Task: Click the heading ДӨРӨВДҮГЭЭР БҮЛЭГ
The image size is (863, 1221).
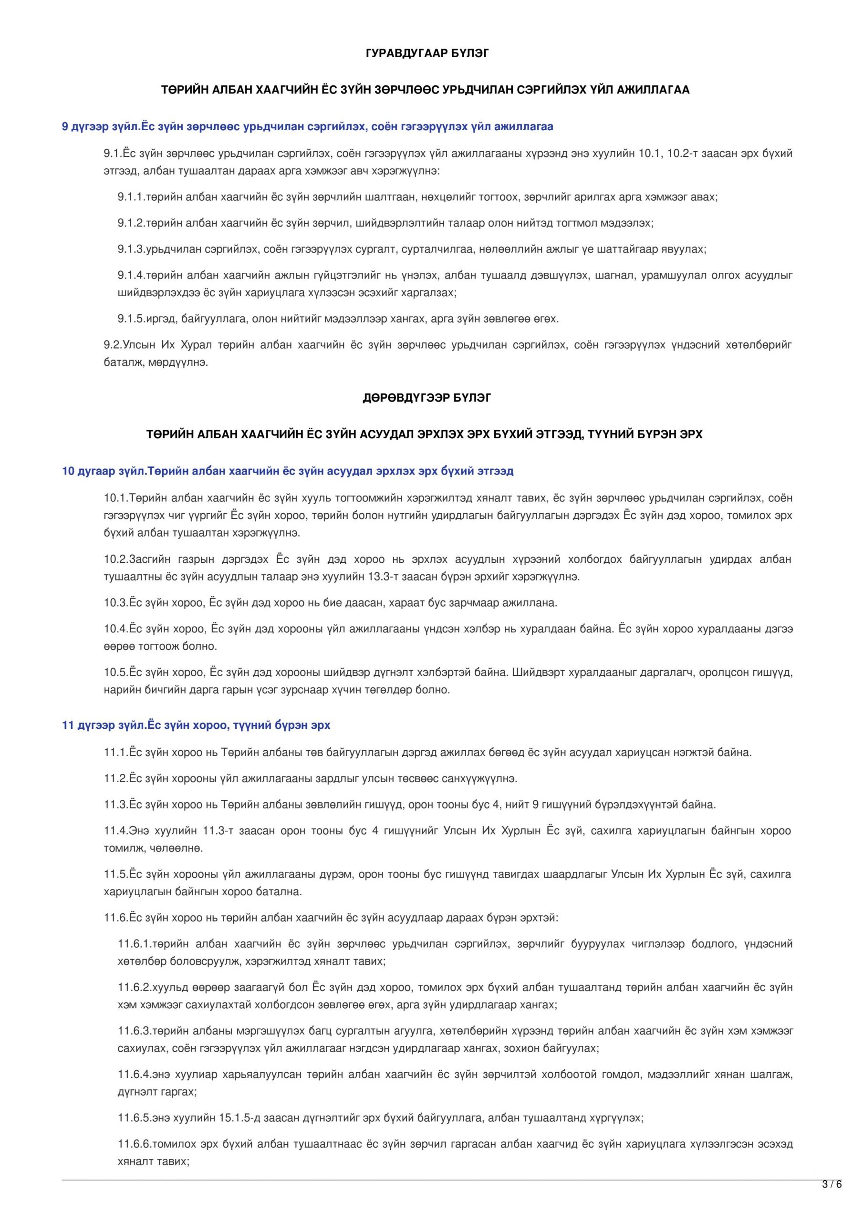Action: click(x=426, y=398)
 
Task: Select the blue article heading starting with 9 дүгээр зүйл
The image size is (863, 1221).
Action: click(x=308, y=126)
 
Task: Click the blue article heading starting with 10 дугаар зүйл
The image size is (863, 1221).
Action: click(x=288, y=471)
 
